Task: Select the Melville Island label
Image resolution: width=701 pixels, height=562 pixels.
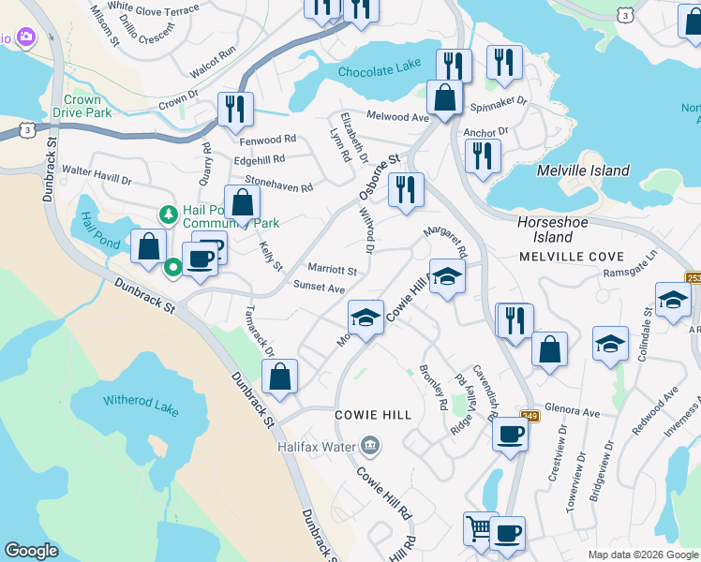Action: (582, 170)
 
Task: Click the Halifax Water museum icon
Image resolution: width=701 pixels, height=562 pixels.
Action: (370, 444)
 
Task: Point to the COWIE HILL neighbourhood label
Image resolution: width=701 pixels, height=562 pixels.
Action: (373, 414)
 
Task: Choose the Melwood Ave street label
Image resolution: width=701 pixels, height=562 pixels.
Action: (398, 117)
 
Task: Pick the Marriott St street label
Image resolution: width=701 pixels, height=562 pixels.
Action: (333, 270)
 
